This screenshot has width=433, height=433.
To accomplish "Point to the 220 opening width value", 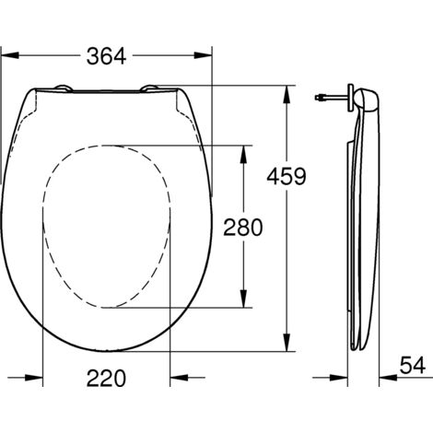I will click(x=108, y=377).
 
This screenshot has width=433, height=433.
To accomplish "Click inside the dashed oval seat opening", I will click(x=106, y=226).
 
